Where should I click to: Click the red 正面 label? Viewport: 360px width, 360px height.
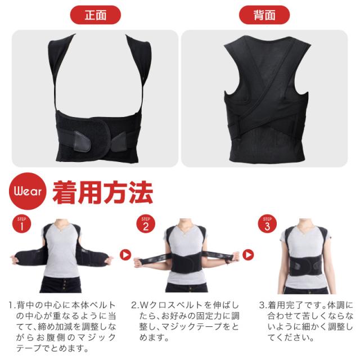[95, 15]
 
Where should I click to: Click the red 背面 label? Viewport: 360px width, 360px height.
[264, 15]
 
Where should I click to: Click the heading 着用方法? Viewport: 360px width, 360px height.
[102, 192]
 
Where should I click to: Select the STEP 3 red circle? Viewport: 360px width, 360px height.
[267, 224]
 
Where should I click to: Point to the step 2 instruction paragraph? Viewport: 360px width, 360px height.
[186, 321]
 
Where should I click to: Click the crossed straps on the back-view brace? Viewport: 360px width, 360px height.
[264, 121]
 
